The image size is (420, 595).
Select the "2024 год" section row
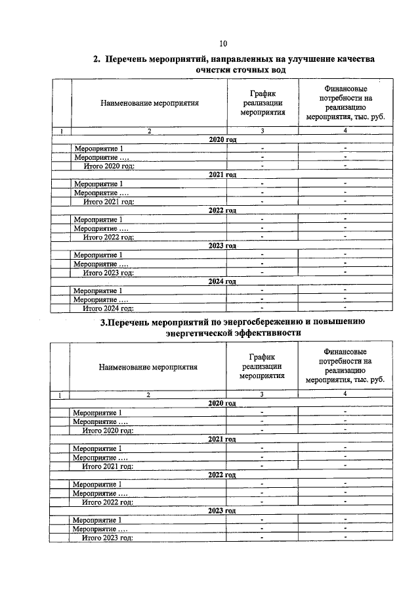pos(222,281)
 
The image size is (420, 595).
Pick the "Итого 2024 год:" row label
pos(108,307)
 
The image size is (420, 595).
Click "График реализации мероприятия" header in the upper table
pos(262,103)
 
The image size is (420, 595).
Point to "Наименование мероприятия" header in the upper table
pos(150,103)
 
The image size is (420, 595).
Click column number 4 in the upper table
pos(345,131)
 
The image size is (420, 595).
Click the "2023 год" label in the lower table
pos(222,510)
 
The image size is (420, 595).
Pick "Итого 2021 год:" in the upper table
pos(108,201)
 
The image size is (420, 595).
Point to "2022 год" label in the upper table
pos(222,210)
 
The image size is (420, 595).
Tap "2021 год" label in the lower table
pos(222,439)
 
